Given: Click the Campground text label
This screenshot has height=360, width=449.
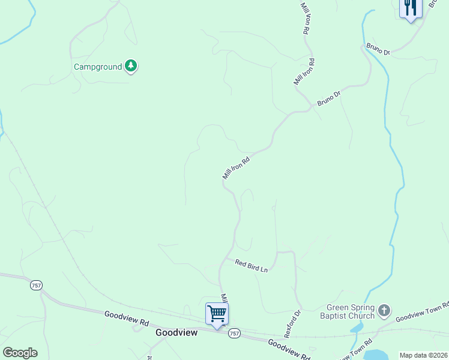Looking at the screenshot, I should coord(97,67).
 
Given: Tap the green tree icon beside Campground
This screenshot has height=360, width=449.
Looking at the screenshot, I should coord(131,66).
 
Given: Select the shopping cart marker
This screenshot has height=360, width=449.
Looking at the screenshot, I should coord(217,314).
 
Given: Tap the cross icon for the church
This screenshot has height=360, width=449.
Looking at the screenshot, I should coord(384,311).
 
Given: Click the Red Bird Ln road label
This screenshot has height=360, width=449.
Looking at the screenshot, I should coord(251,265).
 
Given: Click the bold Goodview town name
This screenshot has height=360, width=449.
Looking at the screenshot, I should coord(176,332).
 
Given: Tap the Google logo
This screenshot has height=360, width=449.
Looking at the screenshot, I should coord(20,353).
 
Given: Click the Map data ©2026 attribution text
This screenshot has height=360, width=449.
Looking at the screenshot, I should coord(423,355).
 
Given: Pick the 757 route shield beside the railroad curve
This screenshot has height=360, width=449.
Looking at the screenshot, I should coord(36,286).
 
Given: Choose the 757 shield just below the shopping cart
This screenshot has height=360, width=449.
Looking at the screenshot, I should coord(234,334).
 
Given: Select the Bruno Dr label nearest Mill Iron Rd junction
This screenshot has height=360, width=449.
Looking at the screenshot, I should coord(329,98).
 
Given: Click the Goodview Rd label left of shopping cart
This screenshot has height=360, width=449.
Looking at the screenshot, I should coord(126,317).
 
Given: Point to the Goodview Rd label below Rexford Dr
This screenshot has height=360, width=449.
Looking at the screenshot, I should coord(289,349).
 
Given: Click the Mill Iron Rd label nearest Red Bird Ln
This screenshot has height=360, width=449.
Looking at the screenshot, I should coord(223,298).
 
